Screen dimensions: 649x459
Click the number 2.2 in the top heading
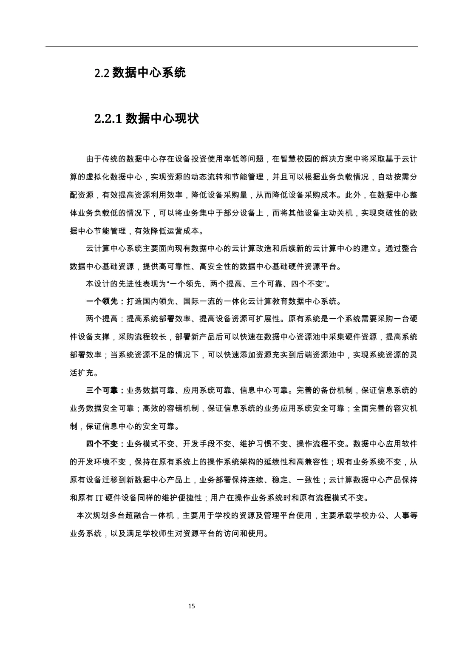coord(102,73)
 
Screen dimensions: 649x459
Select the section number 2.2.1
coord(108,119)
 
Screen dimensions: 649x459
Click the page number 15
coord(191,606)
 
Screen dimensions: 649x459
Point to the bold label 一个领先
coord(102,302)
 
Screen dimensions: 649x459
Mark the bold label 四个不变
coord(102,444)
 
